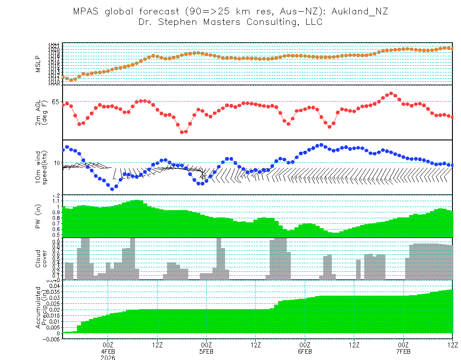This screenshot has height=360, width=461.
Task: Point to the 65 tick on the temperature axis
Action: [x=55, y=102]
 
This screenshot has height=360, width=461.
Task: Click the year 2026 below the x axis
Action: [x=108, y=357]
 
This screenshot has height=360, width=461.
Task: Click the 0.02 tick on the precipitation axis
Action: [x=54, y=310]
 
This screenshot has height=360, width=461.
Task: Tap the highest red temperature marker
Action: [x=391, y=94]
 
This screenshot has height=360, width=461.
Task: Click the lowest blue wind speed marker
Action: [x=112, y=189]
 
